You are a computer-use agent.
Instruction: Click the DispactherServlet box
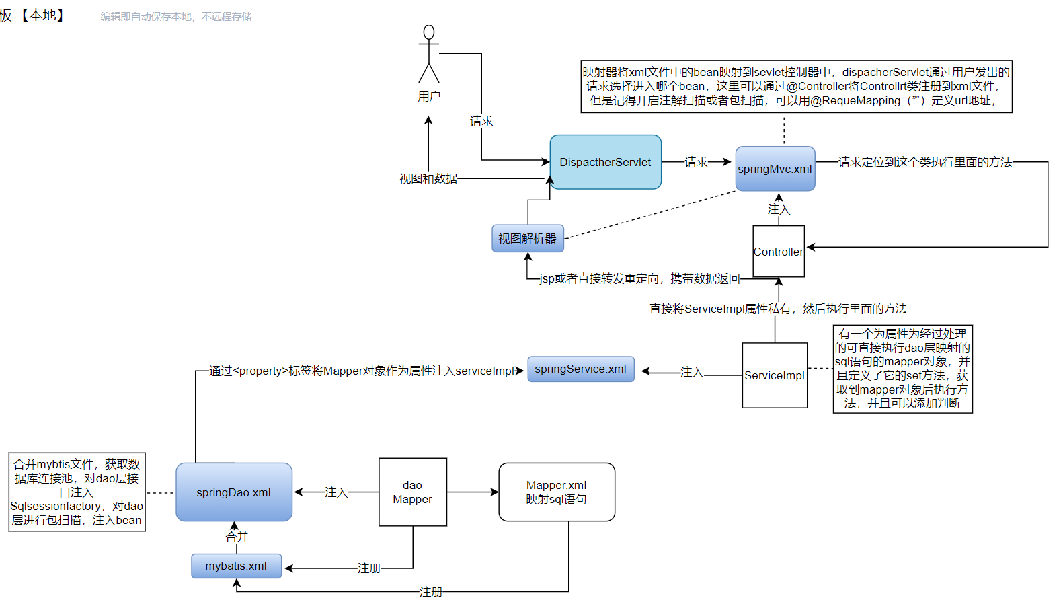coord(605,162)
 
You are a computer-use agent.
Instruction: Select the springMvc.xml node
coord(775,169)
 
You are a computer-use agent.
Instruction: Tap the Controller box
coord(778,252)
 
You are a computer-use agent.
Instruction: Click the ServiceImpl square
coord(774,375)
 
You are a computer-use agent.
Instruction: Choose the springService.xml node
coord(580,369)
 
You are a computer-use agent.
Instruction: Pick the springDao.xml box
coord(233,492)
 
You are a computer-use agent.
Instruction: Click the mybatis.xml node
coord(236,566)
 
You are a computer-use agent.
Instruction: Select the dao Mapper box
coord(412,492)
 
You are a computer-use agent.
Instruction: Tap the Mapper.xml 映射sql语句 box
coord(556,492)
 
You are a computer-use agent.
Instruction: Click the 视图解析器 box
coord(527,239)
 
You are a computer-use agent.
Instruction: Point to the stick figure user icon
coord(428,53)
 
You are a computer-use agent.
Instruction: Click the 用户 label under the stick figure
coord(429,97)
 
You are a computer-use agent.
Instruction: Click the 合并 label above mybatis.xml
coord(237,537)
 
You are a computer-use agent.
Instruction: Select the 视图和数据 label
coord(428,179)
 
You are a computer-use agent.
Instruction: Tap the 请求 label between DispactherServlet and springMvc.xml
coord(696,162)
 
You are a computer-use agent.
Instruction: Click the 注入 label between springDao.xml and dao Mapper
coord(336,492)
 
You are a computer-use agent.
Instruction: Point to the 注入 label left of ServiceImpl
coord(691,372)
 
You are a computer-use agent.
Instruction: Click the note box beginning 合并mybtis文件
coord(77,492)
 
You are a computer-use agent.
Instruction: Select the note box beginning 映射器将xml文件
coord(796,86)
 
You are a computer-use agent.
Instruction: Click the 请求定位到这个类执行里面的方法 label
coord(925,162)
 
